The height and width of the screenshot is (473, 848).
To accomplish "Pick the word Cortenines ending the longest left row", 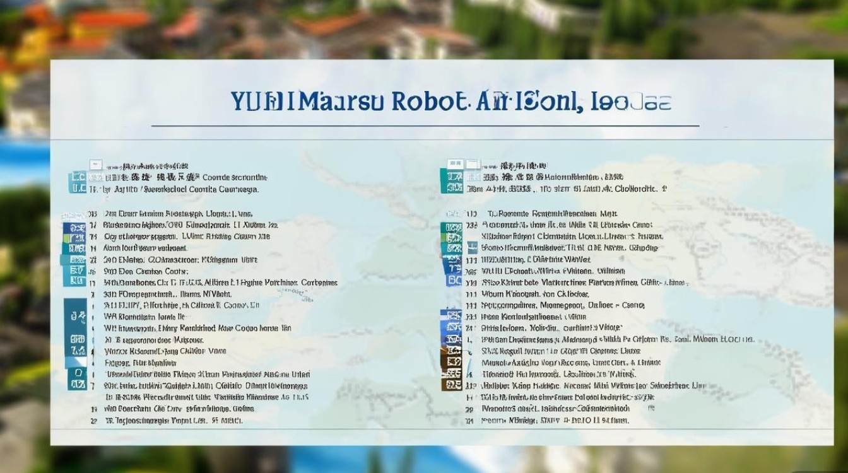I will click(x=319, y=283).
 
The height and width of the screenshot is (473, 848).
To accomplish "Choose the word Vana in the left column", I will click(x=217, y=351).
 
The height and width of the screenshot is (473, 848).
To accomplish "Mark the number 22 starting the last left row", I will click(x=93, y=420).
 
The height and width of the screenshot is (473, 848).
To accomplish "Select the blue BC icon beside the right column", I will click(x=454, y=280).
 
